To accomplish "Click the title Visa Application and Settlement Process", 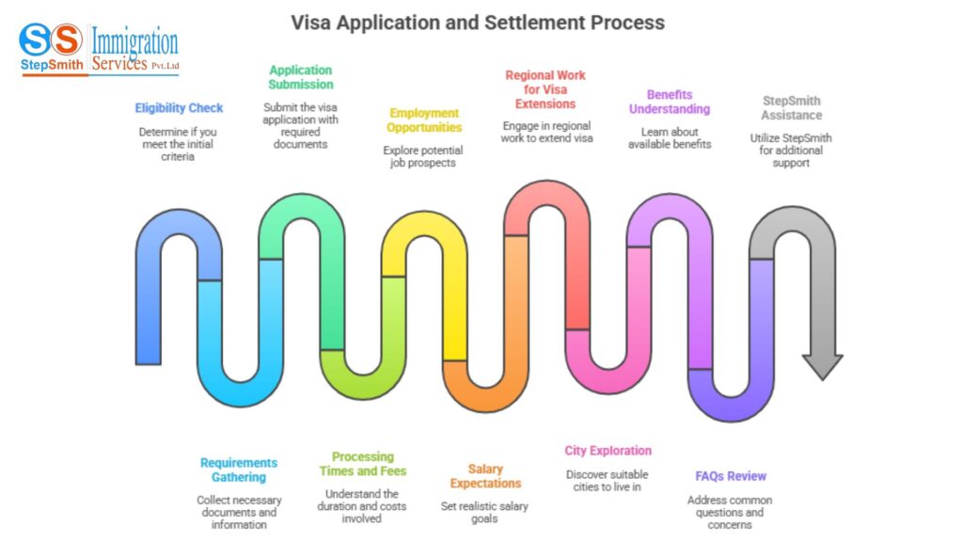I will pos(478,22).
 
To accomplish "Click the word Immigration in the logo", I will pos(134,41).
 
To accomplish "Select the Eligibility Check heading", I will pos(179,108).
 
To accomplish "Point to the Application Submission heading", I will pos(300,77).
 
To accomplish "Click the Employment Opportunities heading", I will pos(425,120).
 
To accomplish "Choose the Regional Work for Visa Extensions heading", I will pos(545,89).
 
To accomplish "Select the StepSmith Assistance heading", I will pos(791,108).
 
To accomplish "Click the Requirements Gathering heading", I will pos(239,470).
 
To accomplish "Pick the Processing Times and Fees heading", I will pos(362,464).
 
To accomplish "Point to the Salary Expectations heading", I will pos(485,476).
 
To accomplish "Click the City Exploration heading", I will pos(608,451).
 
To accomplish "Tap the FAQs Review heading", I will pos(731,476).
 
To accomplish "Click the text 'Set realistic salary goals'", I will pos(485,513).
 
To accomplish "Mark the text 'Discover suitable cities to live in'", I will pos(608,481).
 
